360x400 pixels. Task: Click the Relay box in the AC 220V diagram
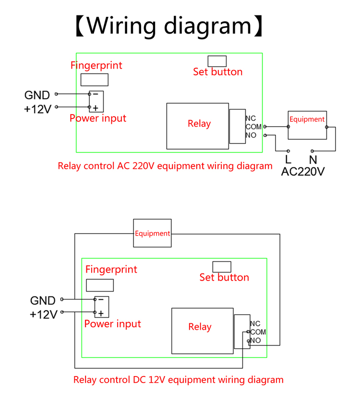pos(198,126)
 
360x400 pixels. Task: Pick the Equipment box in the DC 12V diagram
pos(152,234)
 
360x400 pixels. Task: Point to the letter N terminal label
pos(313,159)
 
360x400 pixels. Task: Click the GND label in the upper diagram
pos(36,94)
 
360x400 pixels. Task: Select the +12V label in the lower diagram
pos(43,315)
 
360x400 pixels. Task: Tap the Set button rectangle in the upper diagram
pos(217,61)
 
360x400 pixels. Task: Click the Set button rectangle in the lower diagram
pos(221,267)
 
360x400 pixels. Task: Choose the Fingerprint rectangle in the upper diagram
pos(94,80)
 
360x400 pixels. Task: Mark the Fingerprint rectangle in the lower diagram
pos(100,285)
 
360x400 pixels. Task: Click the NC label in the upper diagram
pos(251,118)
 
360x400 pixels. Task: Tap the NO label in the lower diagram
pos(255,341)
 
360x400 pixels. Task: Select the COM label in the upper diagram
pos(253,127)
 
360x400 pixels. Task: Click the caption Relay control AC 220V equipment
pos(165,166)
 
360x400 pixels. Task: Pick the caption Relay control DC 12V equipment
pos(178,380)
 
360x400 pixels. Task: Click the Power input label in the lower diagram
pos(113,324)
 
